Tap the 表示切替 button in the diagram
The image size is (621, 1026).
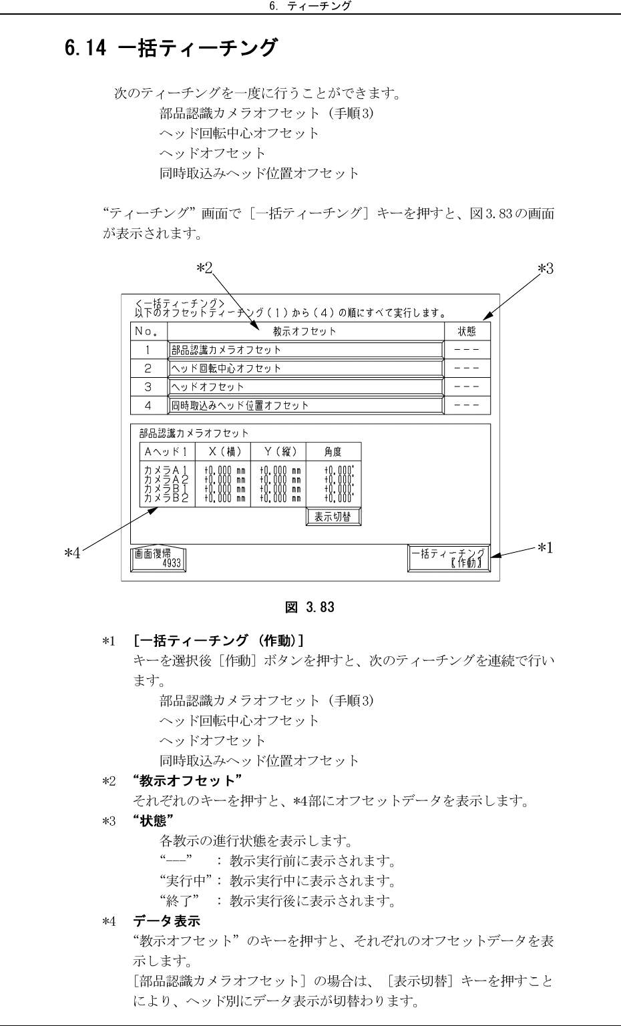coord(333,517)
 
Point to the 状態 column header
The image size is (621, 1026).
coord(467,331)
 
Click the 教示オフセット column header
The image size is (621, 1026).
coord(305,331)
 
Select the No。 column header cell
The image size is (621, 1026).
coord(148,331)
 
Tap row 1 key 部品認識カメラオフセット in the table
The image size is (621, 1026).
coord(305,350)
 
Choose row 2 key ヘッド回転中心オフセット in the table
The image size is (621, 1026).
coord(305,368)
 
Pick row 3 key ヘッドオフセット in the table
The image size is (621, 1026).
coord(305,387)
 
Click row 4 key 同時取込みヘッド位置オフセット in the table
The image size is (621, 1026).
coord(305,405)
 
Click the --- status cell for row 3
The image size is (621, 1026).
coord(467,387)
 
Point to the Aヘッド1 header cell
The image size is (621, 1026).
coord(167,451)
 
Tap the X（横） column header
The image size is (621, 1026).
coord(223,451)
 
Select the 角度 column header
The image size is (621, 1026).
coord(333,451)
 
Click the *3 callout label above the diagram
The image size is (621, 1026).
coord(546,269)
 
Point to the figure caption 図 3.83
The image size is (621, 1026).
coord(310,607)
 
